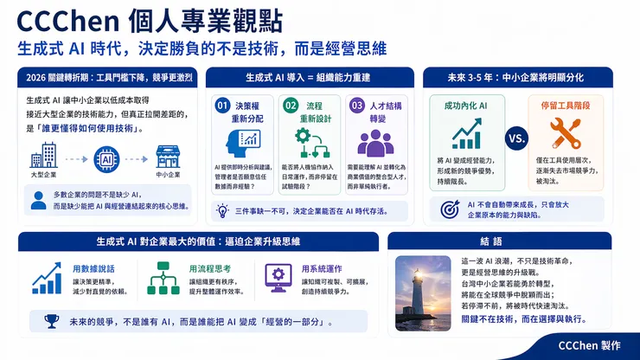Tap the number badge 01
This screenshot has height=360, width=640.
coord(222,105)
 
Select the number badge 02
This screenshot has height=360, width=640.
coord(291,105)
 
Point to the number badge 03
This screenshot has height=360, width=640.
coord(356,105)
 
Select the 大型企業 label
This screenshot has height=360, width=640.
coord(43,177)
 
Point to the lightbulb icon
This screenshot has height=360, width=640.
coord(222,210)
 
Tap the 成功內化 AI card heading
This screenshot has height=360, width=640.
coord(466,104)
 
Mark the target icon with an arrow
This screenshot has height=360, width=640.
coord(450,209)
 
